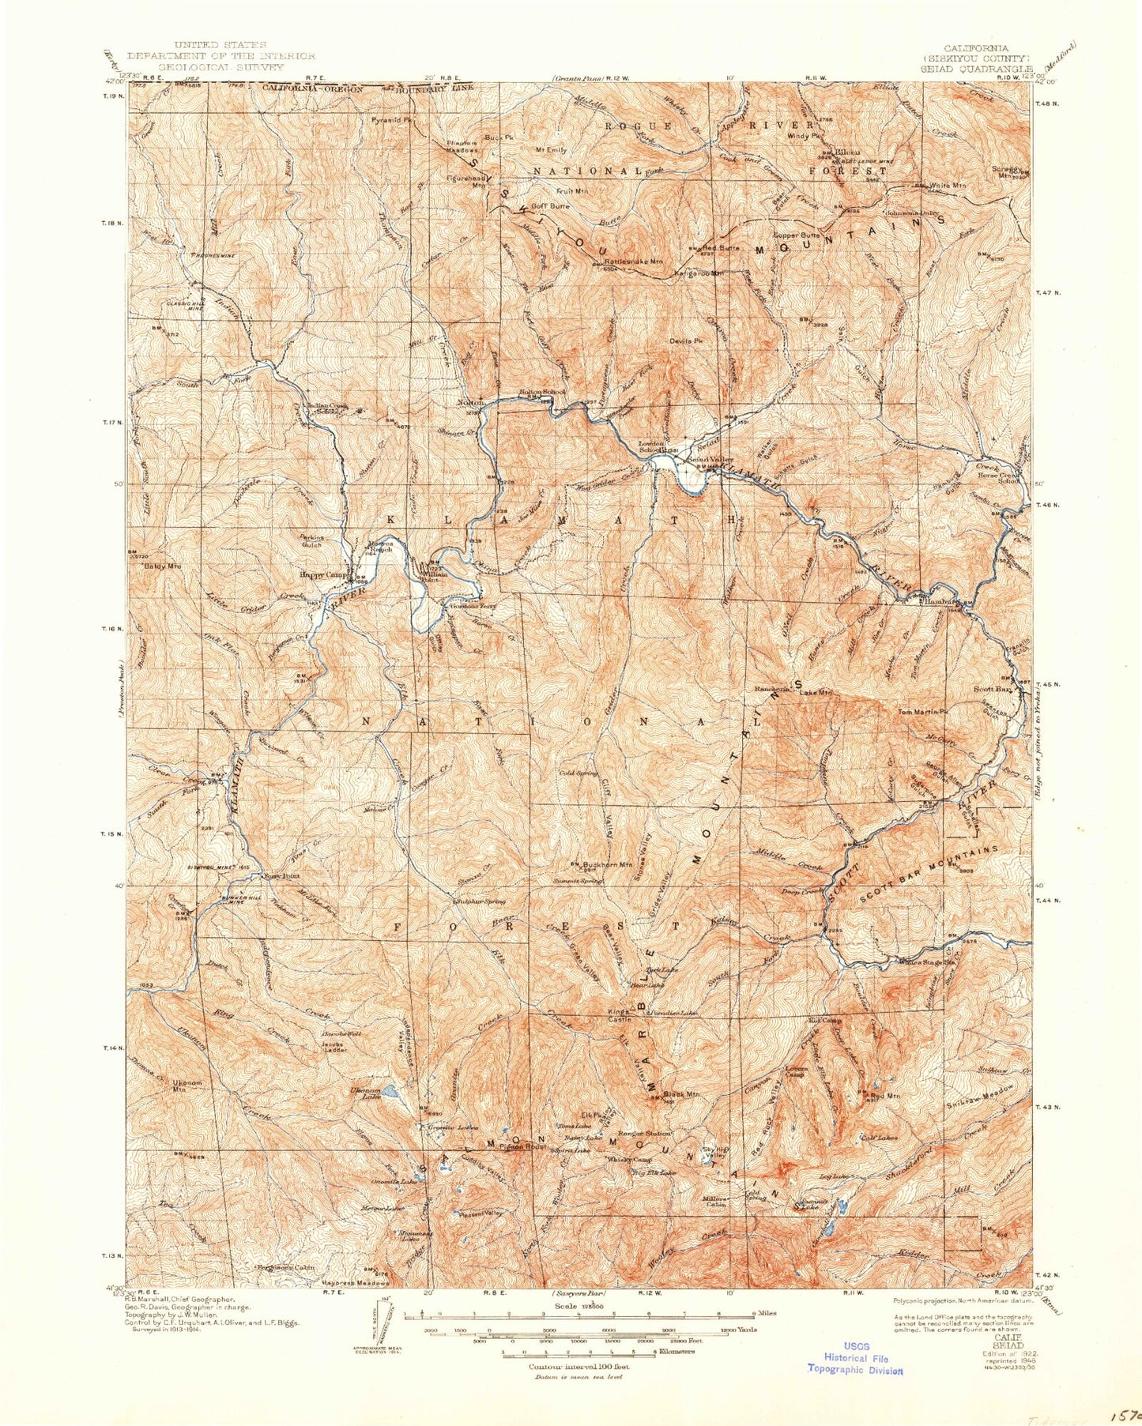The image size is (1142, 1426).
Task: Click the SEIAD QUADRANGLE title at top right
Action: pyautogui.click(x=976, y=68)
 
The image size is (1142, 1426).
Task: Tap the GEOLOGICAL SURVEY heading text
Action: pyautogui.click(x=220, y=67)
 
